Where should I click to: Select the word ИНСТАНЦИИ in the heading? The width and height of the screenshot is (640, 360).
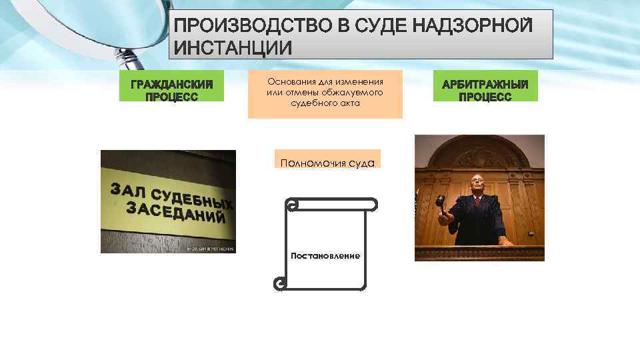[x=233, y=48]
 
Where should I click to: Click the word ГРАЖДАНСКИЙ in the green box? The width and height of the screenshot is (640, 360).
[x=172, y=85]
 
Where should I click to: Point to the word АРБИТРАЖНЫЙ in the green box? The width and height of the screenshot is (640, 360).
[x=485, y=85]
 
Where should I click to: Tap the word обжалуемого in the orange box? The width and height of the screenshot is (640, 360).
[x=353, y=93]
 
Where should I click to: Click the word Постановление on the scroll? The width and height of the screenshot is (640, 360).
[x=325, y=256]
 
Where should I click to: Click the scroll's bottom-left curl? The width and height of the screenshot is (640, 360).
[x=279, y=285]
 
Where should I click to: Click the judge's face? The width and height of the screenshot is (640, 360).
[x=477, y=186]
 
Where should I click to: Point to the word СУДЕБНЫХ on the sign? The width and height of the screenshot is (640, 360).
[x=193, y=198]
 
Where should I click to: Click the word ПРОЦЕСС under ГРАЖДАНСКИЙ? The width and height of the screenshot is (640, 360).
[x=172, y=97]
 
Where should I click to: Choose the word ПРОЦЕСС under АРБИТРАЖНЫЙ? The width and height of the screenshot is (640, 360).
[x=485, y=97]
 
